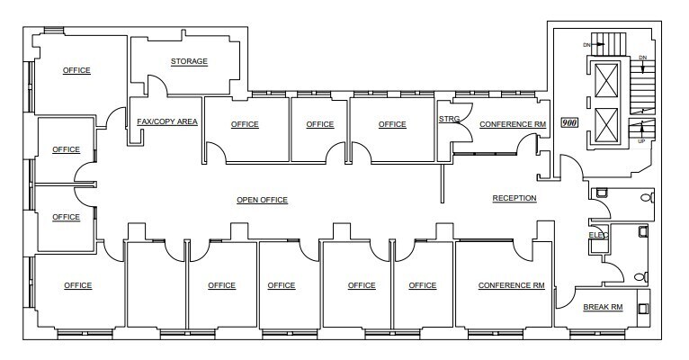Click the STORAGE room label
(x=189, y=61)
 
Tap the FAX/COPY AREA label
(x=166, y=121)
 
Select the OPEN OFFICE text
(x=262, y=200)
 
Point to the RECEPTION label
(x=515, y=198)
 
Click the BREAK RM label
(x=603, y=308)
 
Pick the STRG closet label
(x=450, y=118)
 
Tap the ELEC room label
(x=598, y=235)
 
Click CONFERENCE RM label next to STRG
(x=512, y=124)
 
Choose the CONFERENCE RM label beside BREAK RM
(x=512, y=285)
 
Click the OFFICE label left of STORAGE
(x=76, y=70)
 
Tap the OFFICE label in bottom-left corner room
(x=78, y=285)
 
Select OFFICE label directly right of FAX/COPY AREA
(x=245, y=124)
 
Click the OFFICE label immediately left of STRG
(x=392, y=124)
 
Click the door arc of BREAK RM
(x=566, y=298)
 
